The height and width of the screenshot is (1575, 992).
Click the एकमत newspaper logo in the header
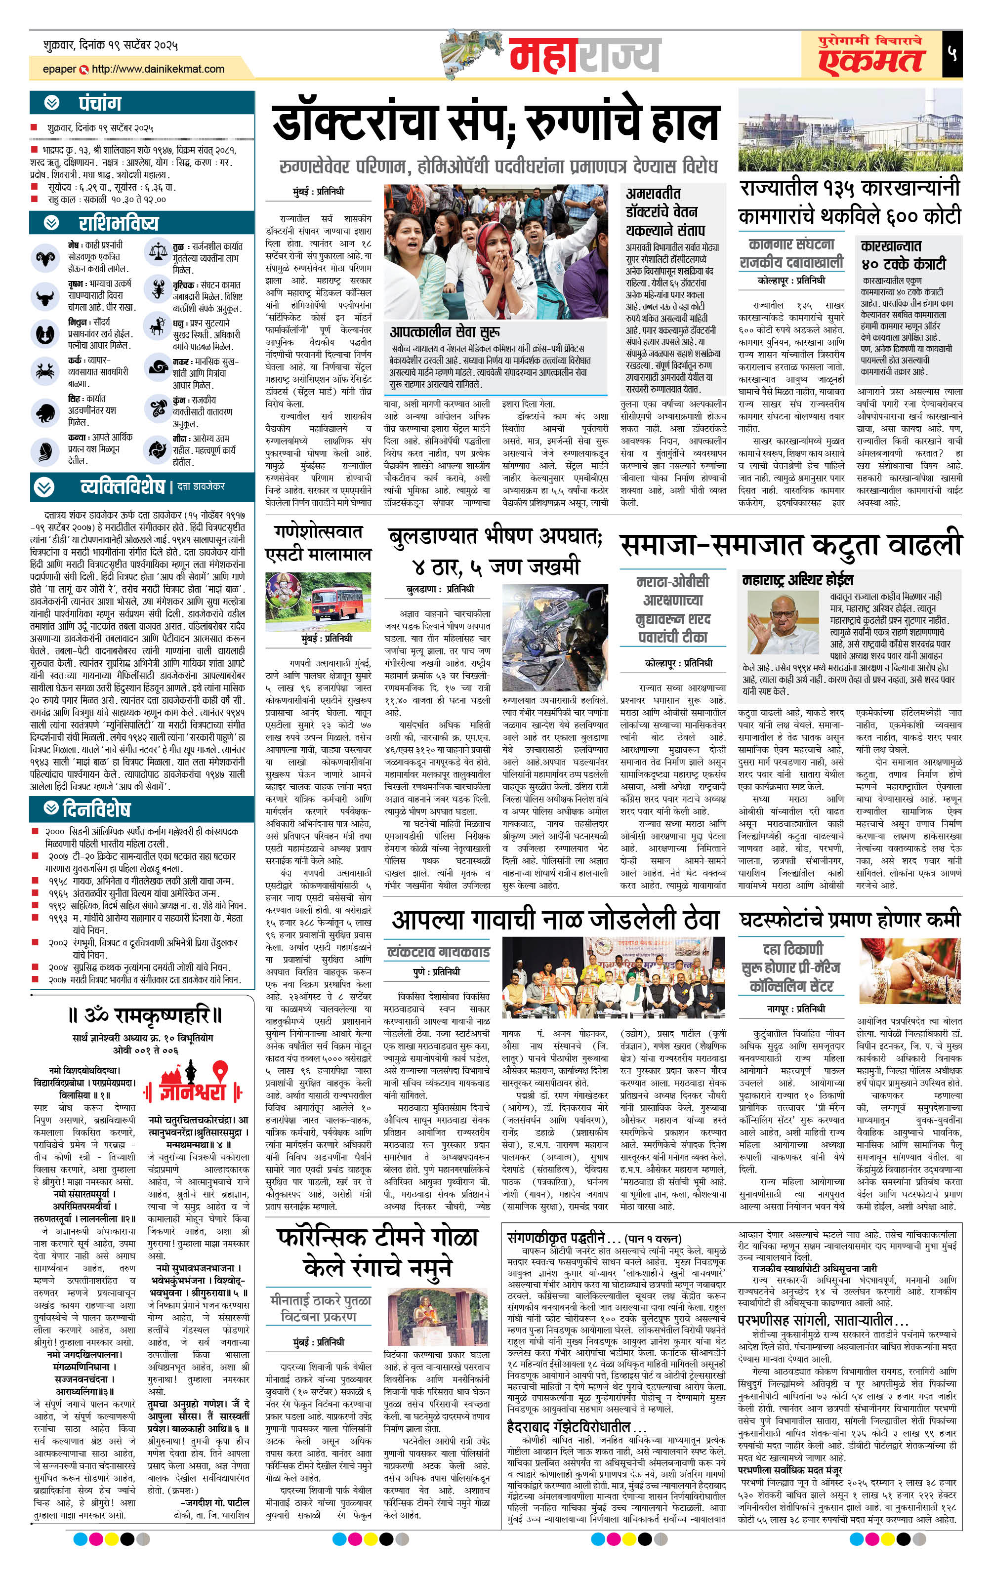click(870, 61)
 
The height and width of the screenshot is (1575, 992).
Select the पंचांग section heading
click(99, 103)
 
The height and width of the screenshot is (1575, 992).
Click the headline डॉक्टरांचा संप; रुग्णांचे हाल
click(496, 123)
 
